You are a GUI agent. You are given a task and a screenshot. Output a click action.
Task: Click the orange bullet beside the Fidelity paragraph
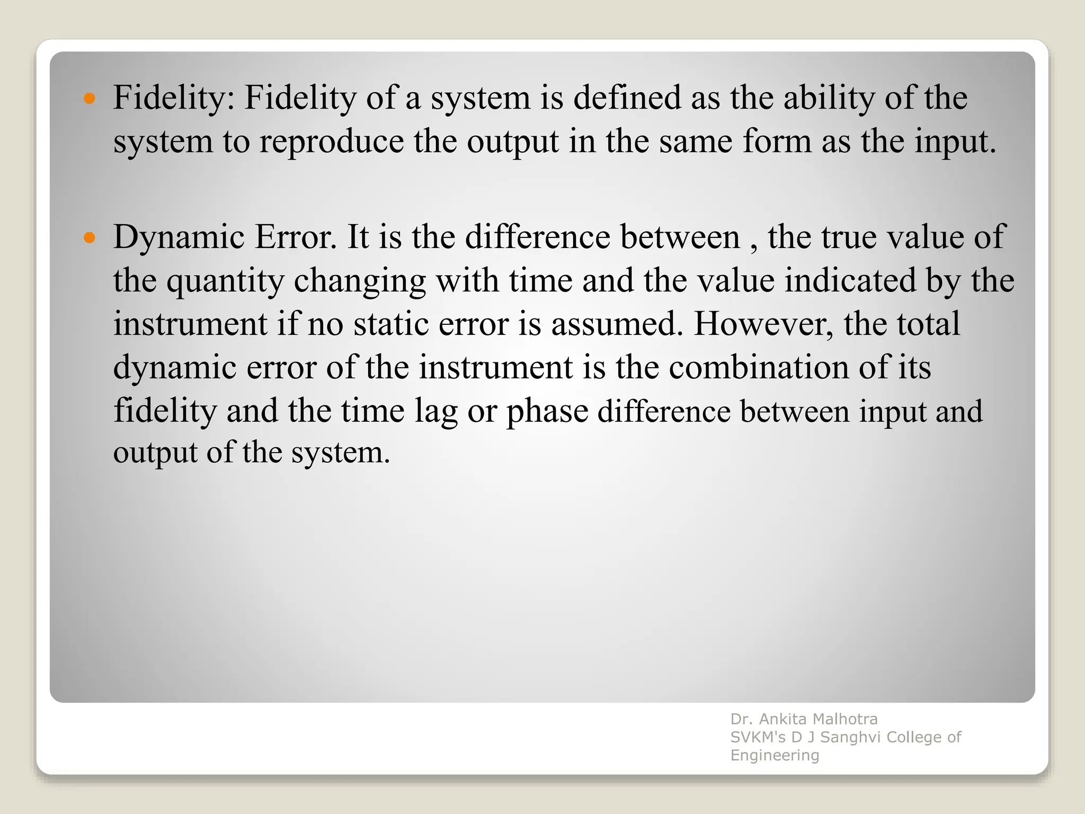90,99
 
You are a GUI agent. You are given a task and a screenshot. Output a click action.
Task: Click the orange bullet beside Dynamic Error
90,237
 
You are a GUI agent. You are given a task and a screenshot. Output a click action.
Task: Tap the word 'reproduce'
331,142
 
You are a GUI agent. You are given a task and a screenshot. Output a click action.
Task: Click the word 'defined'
627,98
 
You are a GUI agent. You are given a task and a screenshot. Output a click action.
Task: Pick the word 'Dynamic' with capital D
179,237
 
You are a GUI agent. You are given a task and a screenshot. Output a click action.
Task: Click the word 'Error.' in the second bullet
296,237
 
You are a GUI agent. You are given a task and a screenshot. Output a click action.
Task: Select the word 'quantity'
225,281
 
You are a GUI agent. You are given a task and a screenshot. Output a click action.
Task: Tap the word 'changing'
360,281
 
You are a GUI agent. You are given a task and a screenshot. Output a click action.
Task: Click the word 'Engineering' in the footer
775,755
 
